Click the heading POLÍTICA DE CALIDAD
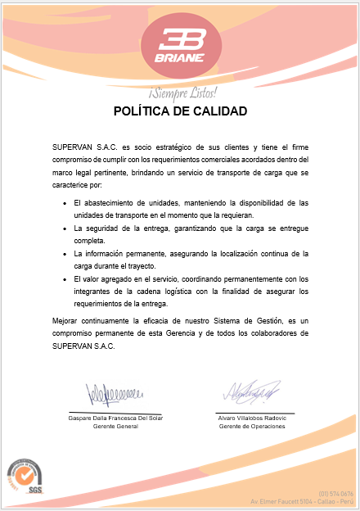(180, 111)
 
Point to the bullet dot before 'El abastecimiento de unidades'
(65, 201)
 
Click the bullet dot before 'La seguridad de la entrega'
(65, 228)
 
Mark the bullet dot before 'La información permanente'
(65, 254)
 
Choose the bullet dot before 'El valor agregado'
(65, 279)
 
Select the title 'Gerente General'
(115, 427)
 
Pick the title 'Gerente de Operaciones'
(252, 427)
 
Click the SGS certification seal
(26, 478)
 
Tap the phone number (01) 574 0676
(335, 493)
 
